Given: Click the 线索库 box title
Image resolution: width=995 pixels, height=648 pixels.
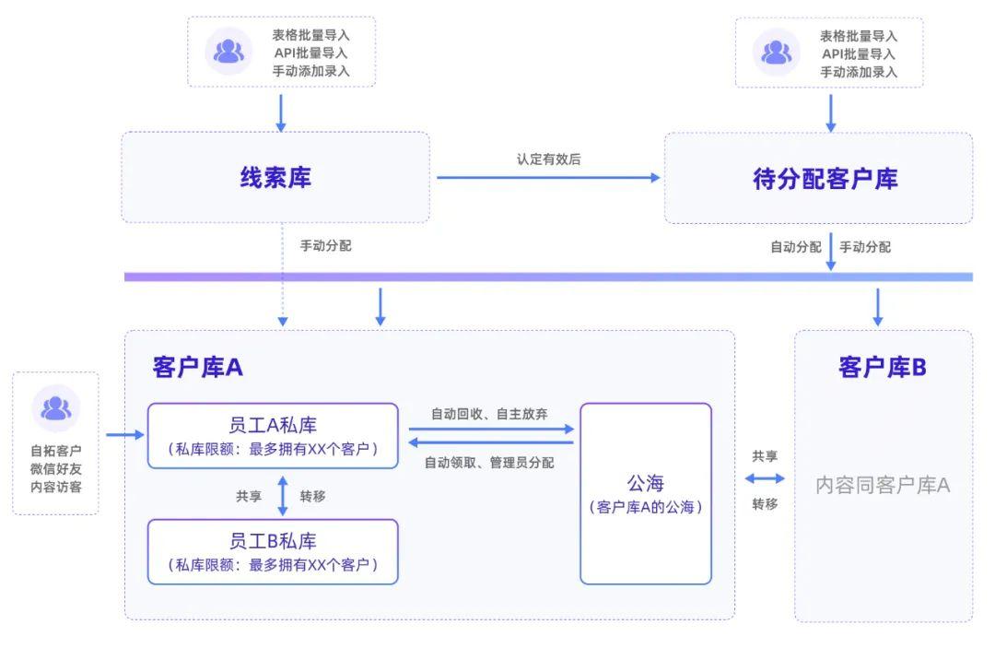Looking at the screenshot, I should tap(275, 177).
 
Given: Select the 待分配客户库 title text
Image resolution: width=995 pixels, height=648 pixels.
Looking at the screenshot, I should tap(825, 178).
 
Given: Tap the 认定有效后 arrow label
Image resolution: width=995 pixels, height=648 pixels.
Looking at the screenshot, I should tap(548, 159).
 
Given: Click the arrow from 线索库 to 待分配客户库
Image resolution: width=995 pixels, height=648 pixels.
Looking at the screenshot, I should tap(548, 177).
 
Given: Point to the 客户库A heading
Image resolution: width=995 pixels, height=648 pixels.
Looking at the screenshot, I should tap(197, 367).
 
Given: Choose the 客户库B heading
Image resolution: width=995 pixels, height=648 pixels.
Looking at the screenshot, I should tap(882, 367).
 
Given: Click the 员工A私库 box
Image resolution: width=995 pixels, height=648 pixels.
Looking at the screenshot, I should tap(273, 435).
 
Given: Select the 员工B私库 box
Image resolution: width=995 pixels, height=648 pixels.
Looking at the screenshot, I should tap(273, 551).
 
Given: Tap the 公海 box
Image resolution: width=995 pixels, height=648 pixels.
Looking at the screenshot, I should tap(645, 493).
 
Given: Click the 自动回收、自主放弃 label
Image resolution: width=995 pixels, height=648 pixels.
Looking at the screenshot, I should tap(489, 414).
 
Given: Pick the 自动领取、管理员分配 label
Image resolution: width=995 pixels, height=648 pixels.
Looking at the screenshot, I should tap(489, 463).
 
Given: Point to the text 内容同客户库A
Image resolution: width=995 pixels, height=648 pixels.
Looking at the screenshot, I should tap(882, 484).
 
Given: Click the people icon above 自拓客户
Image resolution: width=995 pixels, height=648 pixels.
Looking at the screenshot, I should tap(56, 407).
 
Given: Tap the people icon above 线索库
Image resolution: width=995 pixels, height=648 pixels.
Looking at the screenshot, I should tap(228, 51).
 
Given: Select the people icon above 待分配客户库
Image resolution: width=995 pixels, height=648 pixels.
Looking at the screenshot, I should tap(777, 51).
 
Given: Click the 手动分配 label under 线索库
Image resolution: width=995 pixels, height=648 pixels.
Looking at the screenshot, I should tap(325, 246).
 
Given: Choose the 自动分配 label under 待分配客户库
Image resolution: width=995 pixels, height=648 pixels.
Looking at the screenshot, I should tap(795, 247).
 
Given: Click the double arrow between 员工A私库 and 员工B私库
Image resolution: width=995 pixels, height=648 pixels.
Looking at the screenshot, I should tap(283, 495).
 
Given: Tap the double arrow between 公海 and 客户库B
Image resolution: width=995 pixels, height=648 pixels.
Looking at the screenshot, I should tap(765, 478).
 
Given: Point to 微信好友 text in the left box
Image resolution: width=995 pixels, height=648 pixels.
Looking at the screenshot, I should tap(56, 469).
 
